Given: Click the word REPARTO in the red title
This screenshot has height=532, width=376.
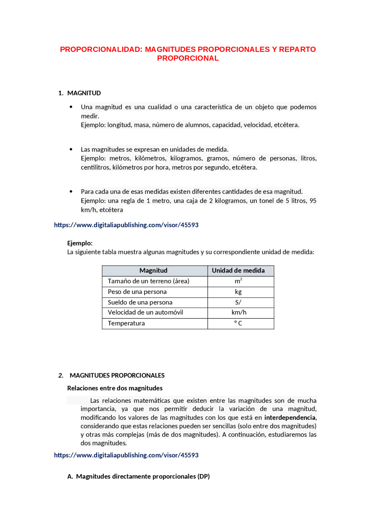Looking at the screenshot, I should click(x=297, y=49).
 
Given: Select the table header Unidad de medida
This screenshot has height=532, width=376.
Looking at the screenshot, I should click(x=238, y=271).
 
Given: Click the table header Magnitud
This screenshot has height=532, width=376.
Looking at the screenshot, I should click(x=153, y=271).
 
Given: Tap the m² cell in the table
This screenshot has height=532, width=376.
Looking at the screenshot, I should click(x=238, y=281).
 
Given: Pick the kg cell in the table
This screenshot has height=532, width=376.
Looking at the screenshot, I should click(x=238, y=292).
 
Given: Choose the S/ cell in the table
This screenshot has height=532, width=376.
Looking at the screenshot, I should click(x=238, y=303).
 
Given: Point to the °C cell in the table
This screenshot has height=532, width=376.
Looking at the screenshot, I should click(x=238, y=323).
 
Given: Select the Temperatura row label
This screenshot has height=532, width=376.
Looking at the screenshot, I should click(x=126, y=323).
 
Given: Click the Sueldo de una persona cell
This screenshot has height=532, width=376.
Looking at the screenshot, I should click(x=140, y=303).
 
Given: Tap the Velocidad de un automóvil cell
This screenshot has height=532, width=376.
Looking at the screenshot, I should click(x=145, y=313).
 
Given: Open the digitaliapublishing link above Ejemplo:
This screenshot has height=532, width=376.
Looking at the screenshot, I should click(x=126, y=225).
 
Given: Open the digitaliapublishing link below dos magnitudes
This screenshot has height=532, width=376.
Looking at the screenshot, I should click(x=126, y=455).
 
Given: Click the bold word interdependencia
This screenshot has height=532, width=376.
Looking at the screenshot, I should click(x=290, y=417).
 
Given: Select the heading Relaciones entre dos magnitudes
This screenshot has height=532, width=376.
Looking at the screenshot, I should click(x=115, y=388).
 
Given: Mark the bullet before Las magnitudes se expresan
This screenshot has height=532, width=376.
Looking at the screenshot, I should click(x=71, y=149).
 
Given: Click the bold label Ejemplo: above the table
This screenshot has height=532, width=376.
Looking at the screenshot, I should click(x=80, y=243).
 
